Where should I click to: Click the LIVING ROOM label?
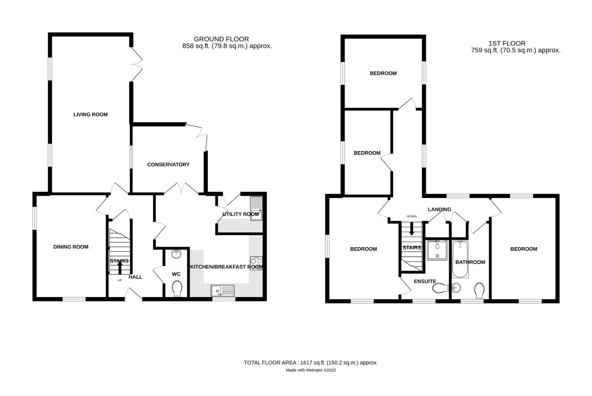pos(91,114)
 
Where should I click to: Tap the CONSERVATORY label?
pos(168,165)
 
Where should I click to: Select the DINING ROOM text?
pos(71,247)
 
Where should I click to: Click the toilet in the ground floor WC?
pos(177,289)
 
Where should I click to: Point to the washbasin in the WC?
pos(177,254)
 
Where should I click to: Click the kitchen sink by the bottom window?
pos(223,291)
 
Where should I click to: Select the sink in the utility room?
pos(256,208)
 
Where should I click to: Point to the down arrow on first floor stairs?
pos(412,230)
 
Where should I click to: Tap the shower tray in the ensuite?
pos(437,250)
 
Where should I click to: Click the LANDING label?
pos(440,209)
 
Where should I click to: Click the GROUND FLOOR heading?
pos(221,39)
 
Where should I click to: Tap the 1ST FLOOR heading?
pos(507,43)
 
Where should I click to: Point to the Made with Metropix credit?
pos(310,370)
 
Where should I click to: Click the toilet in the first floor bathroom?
pos(479,290)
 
